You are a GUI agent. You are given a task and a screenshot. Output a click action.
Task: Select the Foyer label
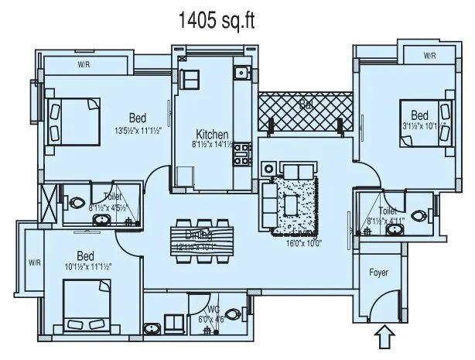[x=378, y=273]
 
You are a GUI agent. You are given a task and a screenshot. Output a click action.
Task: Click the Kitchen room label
[x=211, y=132]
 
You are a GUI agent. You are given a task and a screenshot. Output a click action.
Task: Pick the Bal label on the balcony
[x=306, y=104]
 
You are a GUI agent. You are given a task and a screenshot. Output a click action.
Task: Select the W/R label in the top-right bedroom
[x=429, y=56]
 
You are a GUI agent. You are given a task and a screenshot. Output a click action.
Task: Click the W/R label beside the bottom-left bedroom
[x=34, y=263]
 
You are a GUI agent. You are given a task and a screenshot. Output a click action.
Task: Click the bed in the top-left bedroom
[x=73, y=121]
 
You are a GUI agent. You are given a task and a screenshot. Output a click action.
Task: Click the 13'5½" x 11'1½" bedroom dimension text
[x=138, y=129]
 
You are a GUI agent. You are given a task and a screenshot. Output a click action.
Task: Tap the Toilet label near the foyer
[x=388, y=210]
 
